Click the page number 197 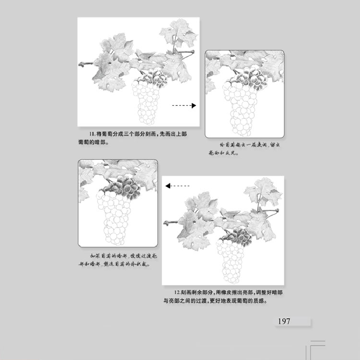tap(284, 321)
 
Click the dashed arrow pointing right tap(184, 106)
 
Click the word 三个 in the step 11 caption tap(124, 134)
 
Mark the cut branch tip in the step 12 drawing tap(165, 222)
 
